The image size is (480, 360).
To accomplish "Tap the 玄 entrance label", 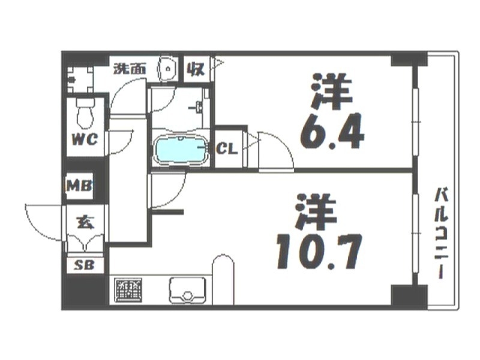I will point(85,222).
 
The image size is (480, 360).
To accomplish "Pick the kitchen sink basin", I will point(188,291).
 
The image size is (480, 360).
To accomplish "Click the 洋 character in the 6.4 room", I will point(329,92).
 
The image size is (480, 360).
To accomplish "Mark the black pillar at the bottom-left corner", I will point(80,292).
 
